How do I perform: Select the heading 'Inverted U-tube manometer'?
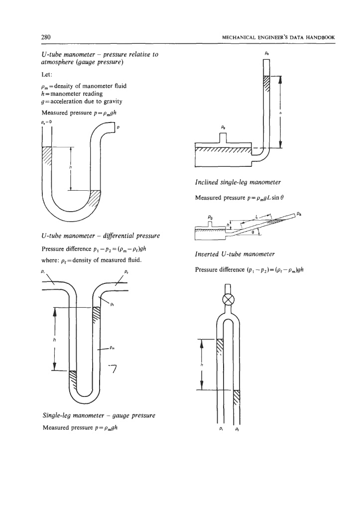coord(230,255)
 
